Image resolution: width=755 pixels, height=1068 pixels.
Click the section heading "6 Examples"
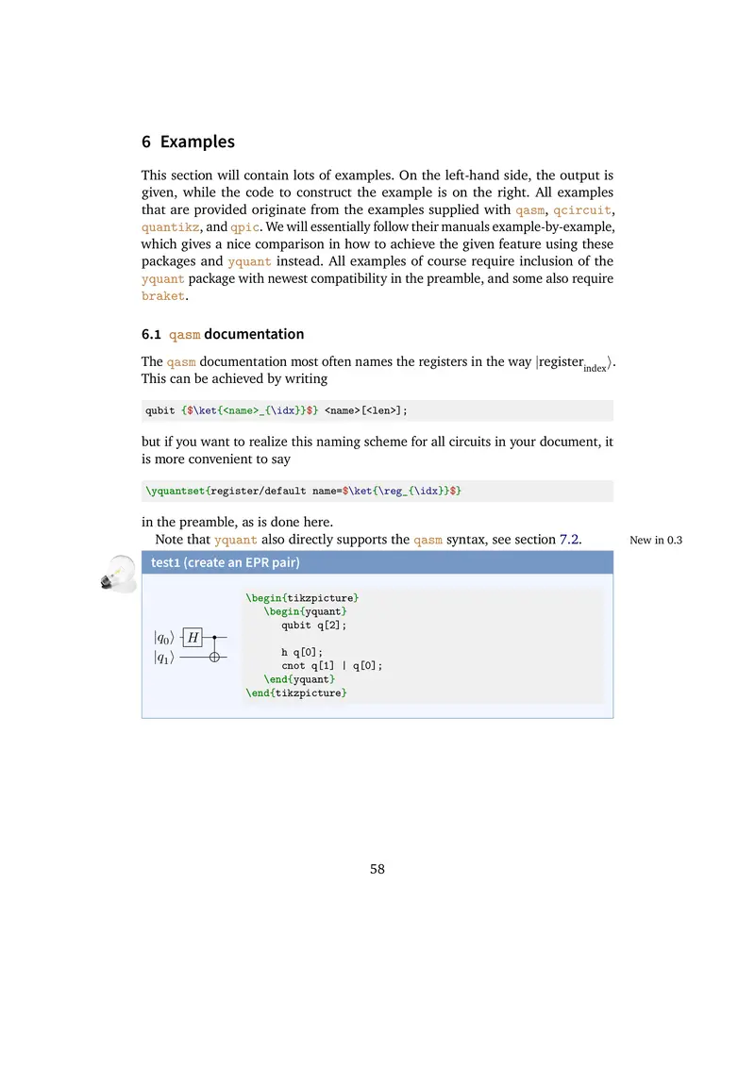(188, 142)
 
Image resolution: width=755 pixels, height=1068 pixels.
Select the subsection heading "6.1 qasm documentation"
(223, 334)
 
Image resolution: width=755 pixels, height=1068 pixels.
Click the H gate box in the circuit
(193, 639)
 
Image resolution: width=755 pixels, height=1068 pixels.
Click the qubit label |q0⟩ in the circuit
(163, 639)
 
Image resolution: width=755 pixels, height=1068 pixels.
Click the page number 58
(377, 869)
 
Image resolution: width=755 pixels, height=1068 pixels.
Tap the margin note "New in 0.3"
(655, 541)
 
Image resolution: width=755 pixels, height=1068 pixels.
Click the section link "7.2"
(570, 540)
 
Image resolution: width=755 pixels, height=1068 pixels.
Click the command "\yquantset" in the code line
(176, 492)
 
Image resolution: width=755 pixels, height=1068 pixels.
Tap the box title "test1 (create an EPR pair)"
(226, 563)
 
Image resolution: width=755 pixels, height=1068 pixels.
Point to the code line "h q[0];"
(302, 652)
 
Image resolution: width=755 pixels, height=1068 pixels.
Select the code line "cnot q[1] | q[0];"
(332, 665)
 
